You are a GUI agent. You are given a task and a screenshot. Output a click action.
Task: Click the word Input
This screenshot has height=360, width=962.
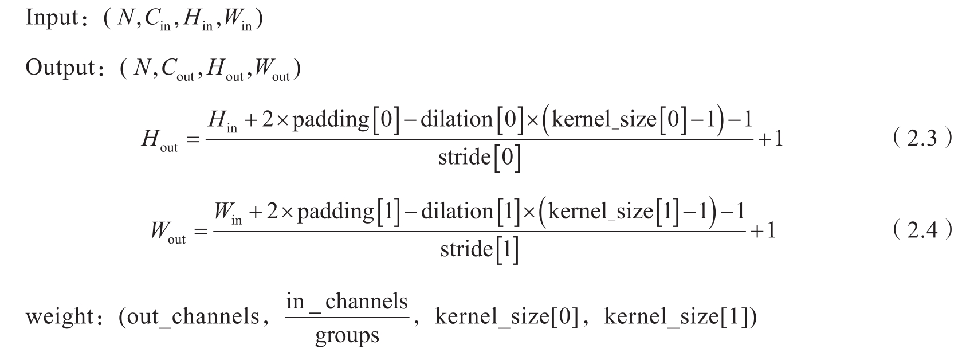pos(51,19)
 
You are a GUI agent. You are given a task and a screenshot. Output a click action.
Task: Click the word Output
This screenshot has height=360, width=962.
pos(59,69)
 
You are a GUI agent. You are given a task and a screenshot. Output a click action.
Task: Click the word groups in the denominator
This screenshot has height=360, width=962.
pos(347,335)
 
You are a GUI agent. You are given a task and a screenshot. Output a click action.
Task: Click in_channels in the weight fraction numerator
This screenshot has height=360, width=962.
pos(347,302)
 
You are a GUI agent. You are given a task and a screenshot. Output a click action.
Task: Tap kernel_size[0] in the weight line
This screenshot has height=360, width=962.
pos(510,316)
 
